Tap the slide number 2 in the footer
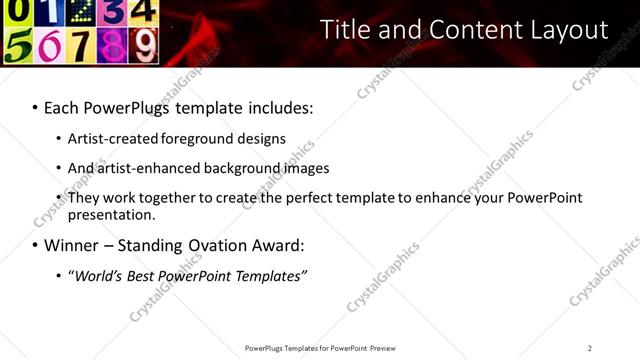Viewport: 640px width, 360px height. pos(590,348)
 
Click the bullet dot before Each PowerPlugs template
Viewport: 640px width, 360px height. pos(35,107)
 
